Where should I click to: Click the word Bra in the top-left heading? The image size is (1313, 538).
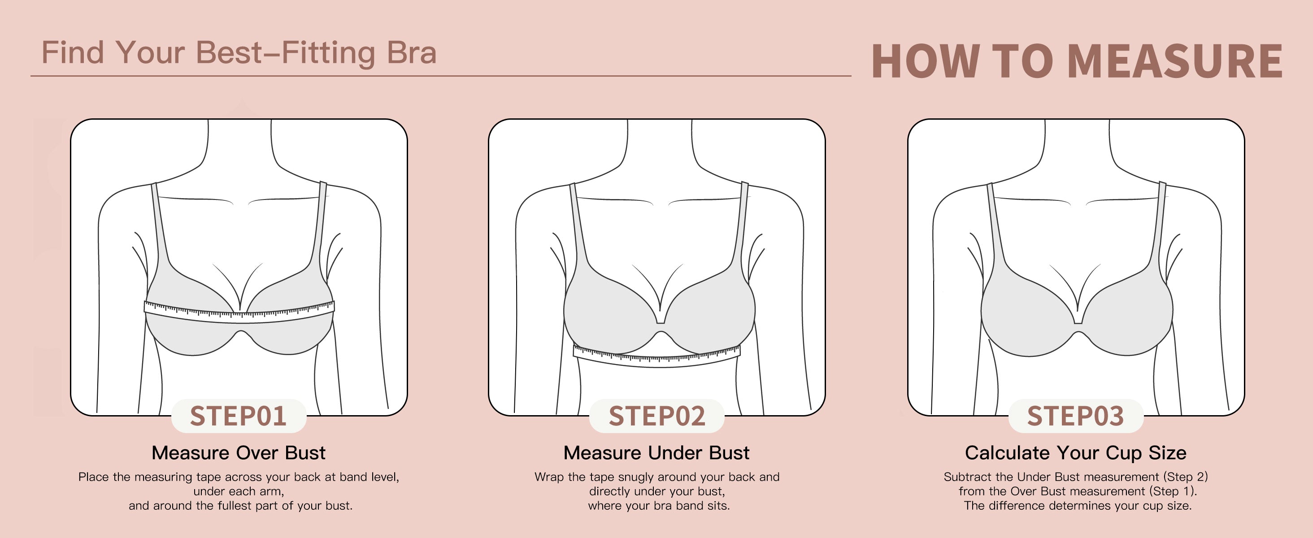(x=411, y=52)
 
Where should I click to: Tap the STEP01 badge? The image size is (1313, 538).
(x=238, y=416)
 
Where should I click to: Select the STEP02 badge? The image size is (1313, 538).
(x=656, y=416)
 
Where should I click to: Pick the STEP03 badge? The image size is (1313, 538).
(x=1075, y=416)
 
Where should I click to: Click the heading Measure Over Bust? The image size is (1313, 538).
(x=239, y=452)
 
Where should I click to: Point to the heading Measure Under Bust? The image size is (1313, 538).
(x=656, y=452)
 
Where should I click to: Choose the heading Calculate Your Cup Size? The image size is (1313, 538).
(x=1075, y=452)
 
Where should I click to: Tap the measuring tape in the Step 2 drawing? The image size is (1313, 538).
(x=657, y=356)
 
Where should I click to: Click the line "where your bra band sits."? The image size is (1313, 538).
(x=659, y=506)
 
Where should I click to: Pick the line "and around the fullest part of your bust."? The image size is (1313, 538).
(x=240, y=506)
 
